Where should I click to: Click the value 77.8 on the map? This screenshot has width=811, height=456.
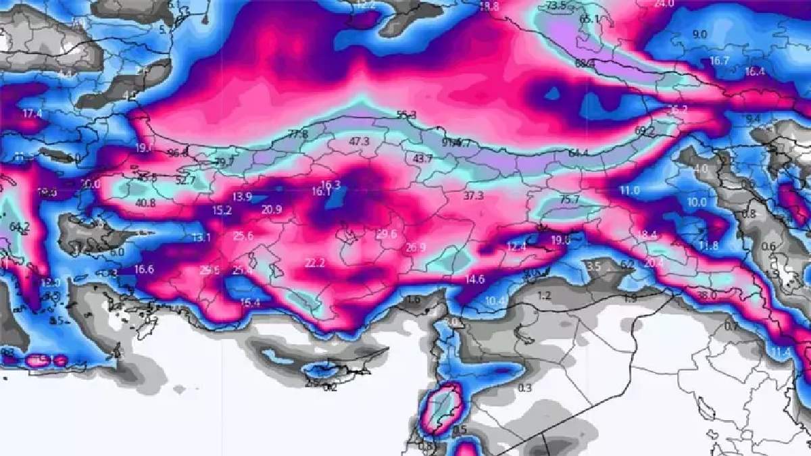pos(297,134)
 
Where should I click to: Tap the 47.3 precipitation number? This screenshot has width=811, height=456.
pos(359,142)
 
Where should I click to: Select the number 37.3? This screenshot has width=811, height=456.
pos(474,196)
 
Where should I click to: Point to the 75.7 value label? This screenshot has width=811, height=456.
pos(570,200)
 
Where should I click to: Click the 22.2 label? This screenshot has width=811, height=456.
pos(315,262)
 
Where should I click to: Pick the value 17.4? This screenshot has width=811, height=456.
pos(32,113)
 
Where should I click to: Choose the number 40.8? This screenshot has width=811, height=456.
pos(145,203)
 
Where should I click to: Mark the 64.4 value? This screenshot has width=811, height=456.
pos(579,153)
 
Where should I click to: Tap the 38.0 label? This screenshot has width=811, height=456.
pos(706,295)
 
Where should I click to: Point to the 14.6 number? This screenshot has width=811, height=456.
pos(474,279)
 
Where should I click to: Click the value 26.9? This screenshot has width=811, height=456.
pos(416,248)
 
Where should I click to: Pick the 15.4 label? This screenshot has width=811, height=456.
pos(250,303)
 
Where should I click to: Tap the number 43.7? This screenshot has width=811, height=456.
pos(423,158)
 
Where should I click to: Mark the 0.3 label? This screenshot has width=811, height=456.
pos(524,388)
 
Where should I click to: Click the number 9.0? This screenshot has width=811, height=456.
pos(699,34)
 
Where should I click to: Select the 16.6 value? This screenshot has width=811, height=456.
pos(144,269)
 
